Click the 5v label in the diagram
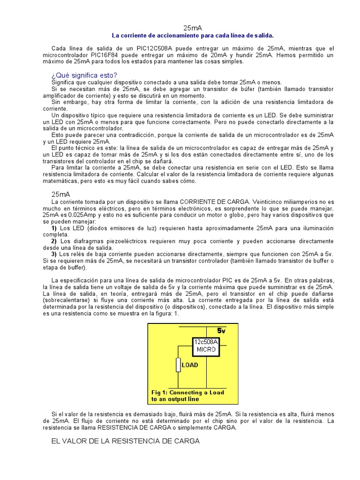point(221,330)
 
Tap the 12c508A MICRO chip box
point(206,346)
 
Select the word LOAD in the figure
point(190,365)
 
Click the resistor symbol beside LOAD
point(178,365)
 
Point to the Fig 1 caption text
point(187,396)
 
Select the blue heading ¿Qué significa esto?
point(84,75)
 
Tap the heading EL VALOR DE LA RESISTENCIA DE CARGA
point(125,441)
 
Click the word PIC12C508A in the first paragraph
point(153,49)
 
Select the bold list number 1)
point(54,228)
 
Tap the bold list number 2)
point(54,241)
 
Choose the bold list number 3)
point(54,254)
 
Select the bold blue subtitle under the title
point(192,36)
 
